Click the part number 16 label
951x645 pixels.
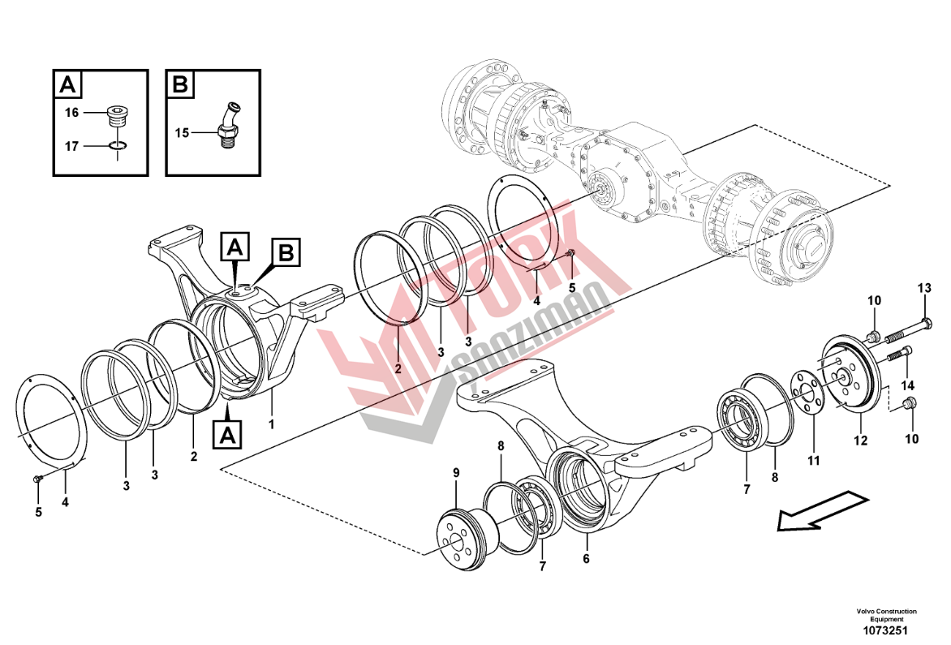(71, 113)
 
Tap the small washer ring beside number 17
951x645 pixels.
(118, 145)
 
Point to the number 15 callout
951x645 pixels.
(182, 133)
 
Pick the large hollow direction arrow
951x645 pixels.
(823, 511)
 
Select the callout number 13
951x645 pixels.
(923, 289)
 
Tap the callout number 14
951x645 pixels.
(908, 385)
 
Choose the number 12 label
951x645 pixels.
(861, 441)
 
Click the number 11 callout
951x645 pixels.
(813, 461)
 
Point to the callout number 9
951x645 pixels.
(456, 472)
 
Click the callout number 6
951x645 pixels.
(586, 559)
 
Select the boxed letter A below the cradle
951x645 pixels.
(227, 435)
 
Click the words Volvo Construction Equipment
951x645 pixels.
(887, 615)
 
